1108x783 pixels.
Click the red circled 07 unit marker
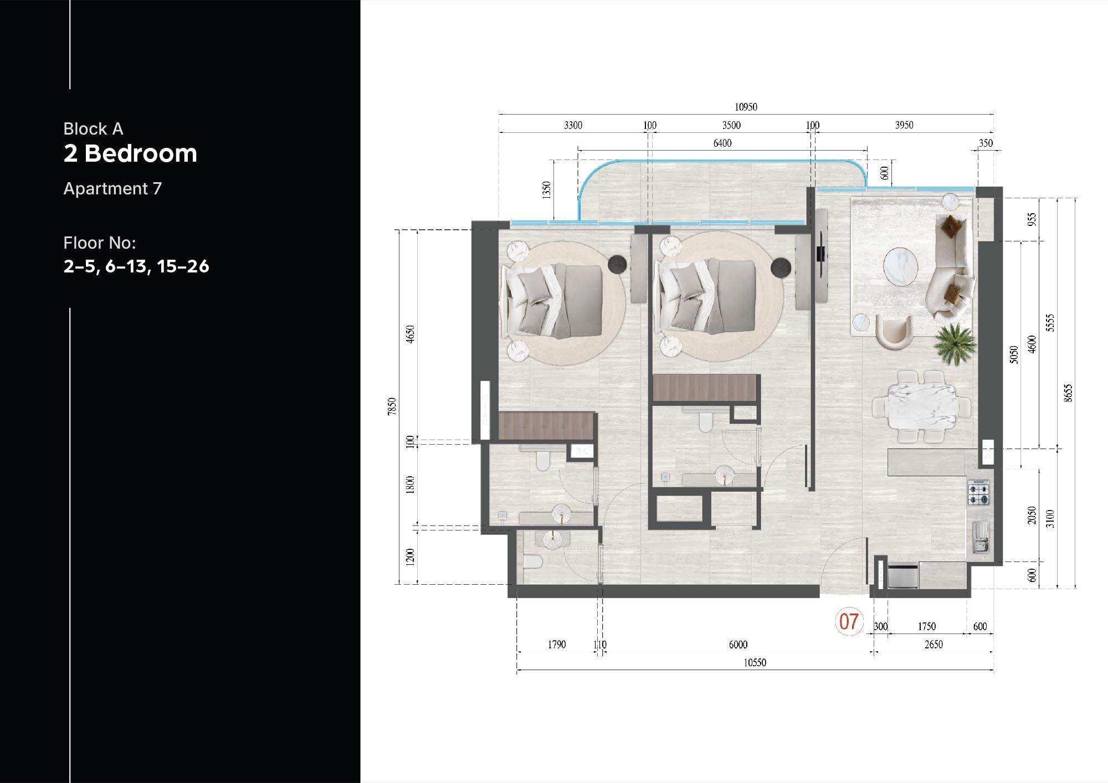849,621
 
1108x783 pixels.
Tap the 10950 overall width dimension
746,107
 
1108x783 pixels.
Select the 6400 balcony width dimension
722,143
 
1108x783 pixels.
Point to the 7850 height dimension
392,406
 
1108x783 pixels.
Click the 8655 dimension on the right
1069,393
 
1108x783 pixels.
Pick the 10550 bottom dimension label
755,663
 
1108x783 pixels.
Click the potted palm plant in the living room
954,343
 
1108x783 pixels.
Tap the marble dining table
921,407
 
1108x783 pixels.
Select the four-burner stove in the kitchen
978,492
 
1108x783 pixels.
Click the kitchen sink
980,538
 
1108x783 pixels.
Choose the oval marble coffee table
900,266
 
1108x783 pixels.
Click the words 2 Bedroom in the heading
130,153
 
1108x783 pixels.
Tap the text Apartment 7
112,189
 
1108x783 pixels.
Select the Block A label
93,129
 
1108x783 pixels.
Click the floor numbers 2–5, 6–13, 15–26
136,266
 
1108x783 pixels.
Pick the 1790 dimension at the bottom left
556,645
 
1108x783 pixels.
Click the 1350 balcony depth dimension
547,190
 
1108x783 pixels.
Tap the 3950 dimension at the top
904,125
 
